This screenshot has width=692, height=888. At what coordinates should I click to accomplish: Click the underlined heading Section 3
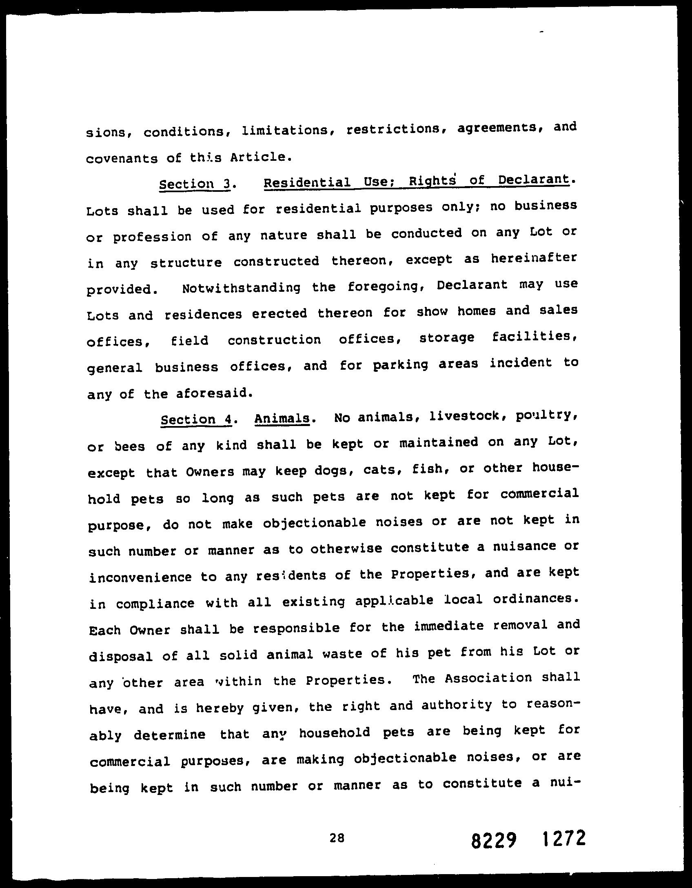pos(194,184)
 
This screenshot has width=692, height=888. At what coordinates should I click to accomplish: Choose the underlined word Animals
pos(282,419)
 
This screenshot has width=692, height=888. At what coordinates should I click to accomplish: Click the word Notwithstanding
pos(241,288)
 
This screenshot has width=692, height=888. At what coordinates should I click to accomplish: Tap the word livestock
pos(450,416)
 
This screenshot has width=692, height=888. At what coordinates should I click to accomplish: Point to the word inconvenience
pos(140,577)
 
